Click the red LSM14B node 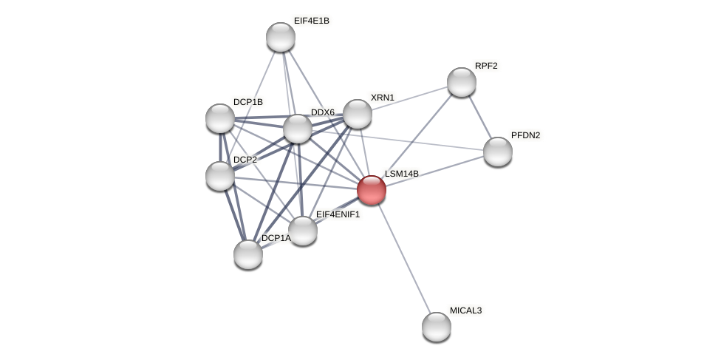372,190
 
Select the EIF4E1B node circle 281,37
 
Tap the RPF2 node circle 462,82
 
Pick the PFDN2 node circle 498,152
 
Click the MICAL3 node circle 437,327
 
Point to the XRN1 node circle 358,114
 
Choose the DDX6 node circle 298,129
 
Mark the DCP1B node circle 220,118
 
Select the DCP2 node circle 220,176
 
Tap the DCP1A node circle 248,254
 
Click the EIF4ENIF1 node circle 303,231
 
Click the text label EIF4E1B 311,21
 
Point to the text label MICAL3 465,310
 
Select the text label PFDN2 525,135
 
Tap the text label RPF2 486,66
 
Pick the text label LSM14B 402,174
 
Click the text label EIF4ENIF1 338,214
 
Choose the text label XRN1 383,98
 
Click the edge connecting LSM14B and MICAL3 404,259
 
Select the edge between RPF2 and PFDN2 480,117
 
